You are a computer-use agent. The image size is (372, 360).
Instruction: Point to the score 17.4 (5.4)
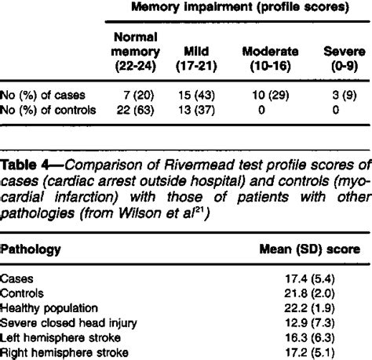329,277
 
